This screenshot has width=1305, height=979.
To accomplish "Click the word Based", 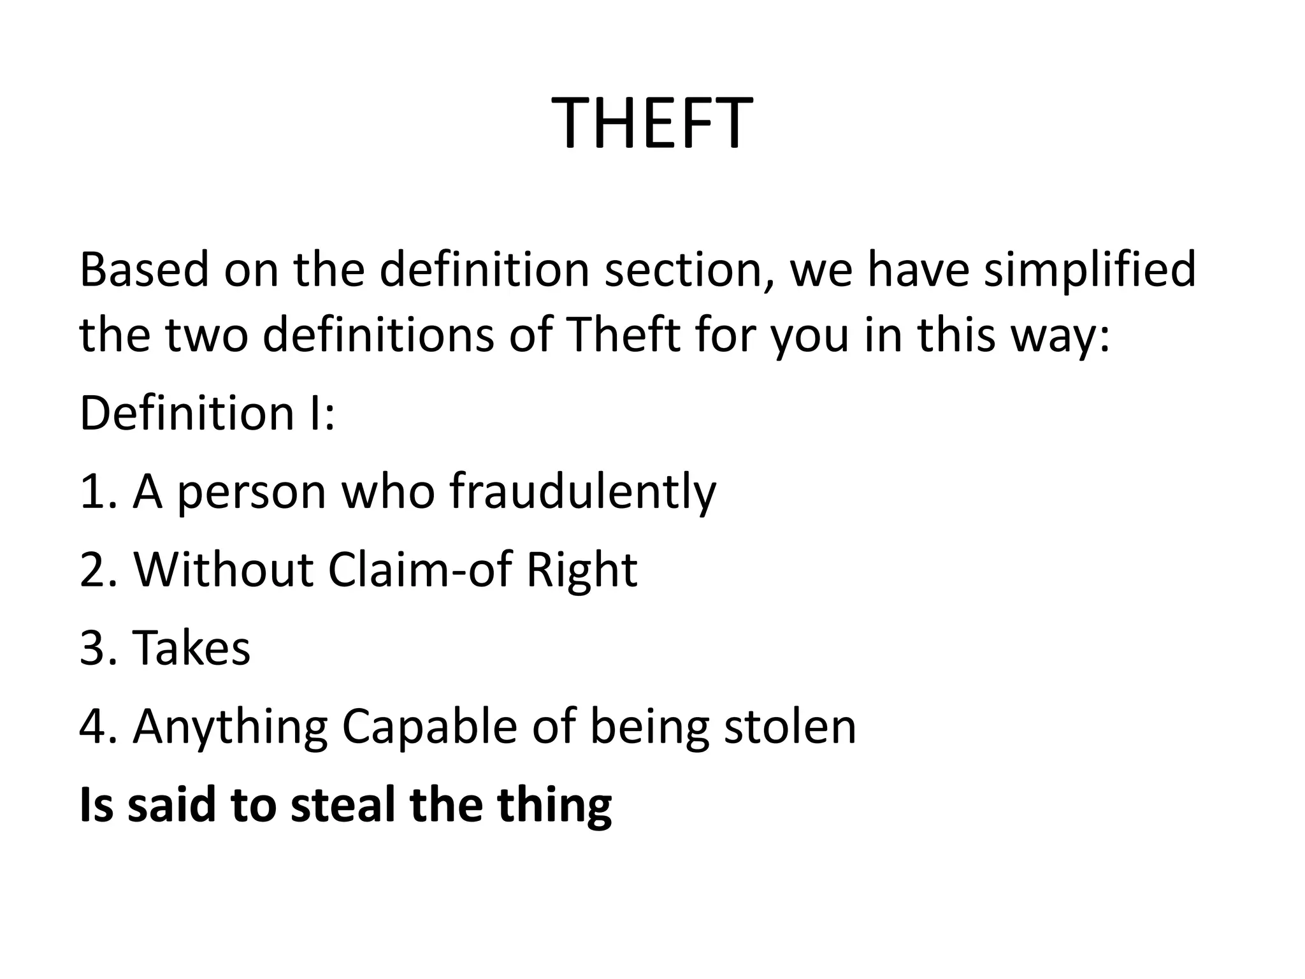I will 144,270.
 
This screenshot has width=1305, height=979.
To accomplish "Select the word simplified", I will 1090,270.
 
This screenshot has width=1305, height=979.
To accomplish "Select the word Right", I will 581,569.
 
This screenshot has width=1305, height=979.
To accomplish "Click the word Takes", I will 191,648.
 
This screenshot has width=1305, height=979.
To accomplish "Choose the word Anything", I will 230,727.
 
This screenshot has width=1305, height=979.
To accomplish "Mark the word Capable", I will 429,727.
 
